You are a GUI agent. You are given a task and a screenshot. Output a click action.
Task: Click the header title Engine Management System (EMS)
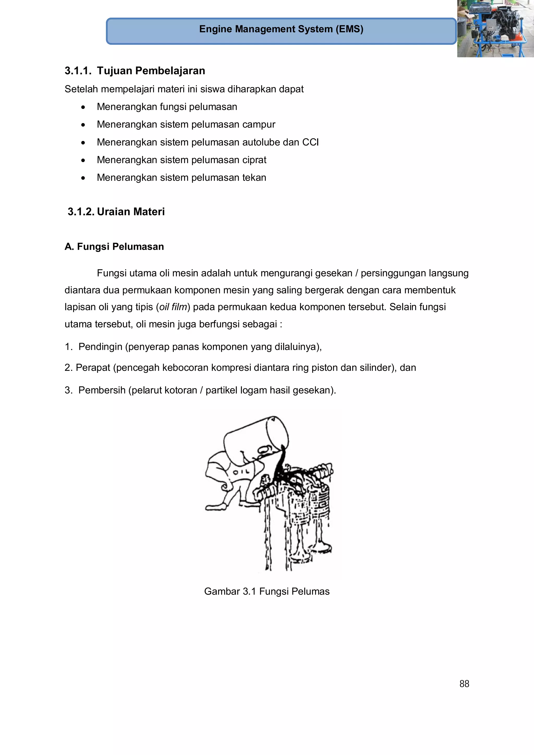[x=281, y=29]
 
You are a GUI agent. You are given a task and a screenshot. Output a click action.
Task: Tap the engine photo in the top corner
[x=495, y=29]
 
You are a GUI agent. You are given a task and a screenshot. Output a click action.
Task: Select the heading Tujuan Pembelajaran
[x=151, y=71]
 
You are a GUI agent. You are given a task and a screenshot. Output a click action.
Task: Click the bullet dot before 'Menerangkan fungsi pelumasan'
[x=83, y=107]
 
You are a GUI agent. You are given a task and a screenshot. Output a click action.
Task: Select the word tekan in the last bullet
[x=254, y=177]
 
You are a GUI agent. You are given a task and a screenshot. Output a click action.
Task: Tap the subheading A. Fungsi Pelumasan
[x=114, y=247]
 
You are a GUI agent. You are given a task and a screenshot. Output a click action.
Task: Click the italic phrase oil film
[x=173, y=307]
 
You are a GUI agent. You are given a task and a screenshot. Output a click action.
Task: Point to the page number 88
[x=464, y=684]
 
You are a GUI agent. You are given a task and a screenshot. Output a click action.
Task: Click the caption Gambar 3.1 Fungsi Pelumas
[x=266, y=591]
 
